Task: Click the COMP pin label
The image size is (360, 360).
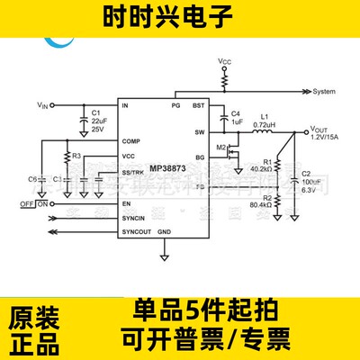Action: tap(132, 141)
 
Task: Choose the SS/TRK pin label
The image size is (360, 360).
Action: tap(134, 172)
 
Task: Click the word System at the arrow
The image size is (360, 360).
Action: tap(324, 92)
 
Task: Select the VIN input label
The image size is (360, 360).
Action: tap(44, 106)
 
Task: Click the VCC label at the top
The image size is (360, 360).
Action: tap(225, 60)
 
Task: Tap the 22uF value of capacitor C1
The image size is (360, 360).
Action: tap(100, 121)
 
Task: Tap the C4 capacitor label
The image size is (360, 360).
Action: tap(237, 112)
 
